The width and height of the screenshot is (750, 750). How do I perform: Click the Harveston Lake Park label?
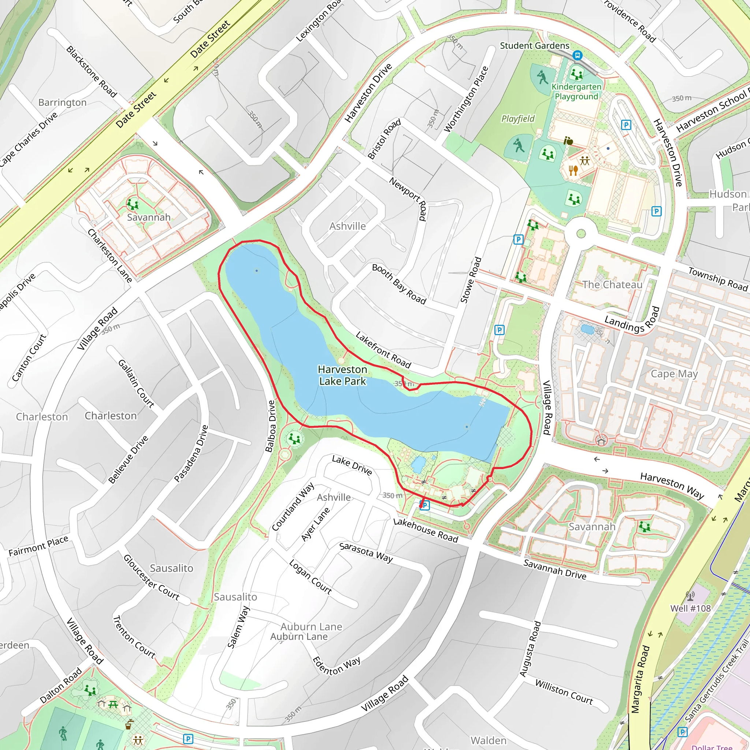pyautogui.click(x=342, y=375)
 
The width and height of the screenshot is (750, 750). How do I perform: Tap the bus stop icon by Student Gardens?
pyautogui.click(x=577, y=56)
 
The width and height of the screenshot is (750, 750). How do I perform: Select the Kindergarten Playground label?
pyautogui.click(x=576, y=92)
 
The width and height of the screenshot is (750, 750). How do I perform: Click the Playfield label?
pyautogui.click(x=518, y=119)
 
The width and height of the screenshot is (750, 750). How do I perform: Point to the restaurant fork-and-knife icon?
pyautogui.click(x=573, y=170)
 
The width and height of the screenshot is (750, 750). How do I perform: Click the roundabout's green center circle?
pyautogui.click(x=581, y=233)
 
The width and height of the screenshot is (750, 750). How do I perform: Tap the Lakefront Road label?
pyautogui.click(x=383, y=350)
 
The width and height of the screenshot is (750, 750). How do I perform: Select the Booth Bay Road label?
pyautogui.click(x=399, y=284)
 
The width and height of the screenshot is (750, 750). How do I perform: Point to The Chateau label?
pyautogui.click(x=612, y=285)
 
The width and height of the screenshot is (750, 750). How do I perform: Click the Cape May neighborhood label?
pyautogui.click(x=674, y=374)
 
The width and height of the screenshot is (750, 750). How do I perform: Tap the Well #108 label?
pyautogui.click(x=690, y=608)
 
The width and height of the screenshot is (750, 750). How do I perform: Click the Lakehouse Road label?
pyautogui.click(x=426, y=530)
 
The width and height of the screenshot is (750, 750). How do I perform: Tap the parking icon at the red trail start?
pyautogui.click(x=425, y=505)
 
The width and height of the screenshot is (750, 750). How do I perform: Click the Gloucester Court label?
pyautogui.click(x=151, y=578)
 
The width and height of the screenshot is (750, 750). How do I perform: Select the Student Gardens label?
pyautogui.click(x=534, y=46)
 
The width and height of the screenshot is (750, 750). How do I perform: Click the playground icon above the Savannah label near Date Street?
pyautogui.click(x=133, y=203)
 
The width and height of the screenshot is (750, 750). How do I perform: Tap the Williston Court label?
pyautogui.click(x=564, y=692)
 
